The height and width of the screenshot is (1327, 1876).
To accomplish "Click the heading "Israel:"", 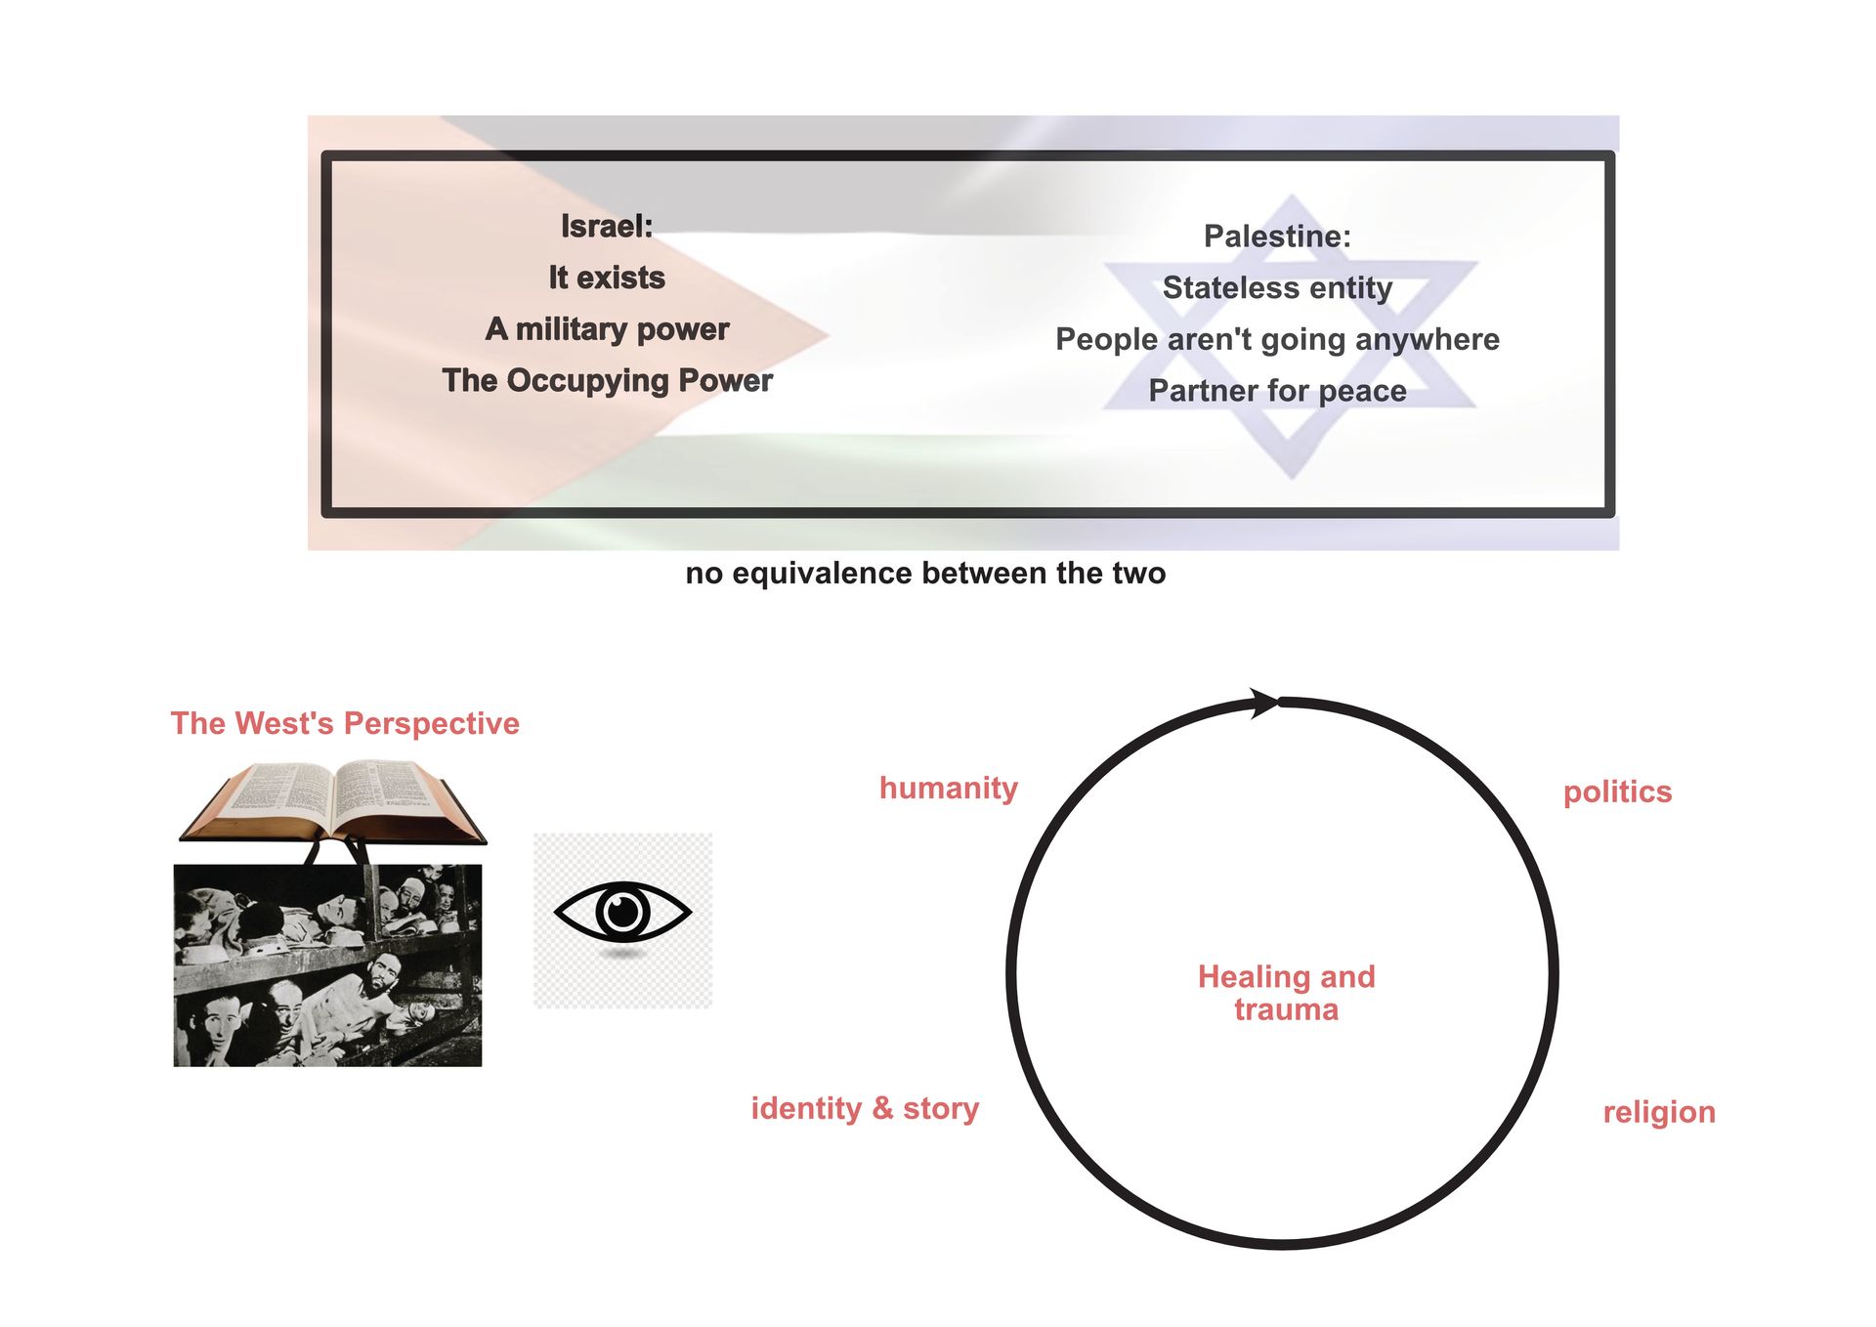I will pyautogui.click(x=606, y=226).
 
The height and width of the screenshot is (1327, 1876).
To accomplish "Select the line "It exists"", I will pyautogui.click(x=606, y=278).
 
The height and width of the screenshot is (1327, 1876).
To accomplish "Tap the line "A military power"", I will pyautogui.click(x=606, y=329).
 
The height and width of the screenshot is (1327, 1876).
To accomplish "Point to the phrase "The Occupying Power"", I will pyautogui.click(x=606, y=380).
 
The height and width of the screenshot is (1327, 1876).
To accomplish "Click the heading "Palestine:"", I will pyautogui.click(x=1277, y=235).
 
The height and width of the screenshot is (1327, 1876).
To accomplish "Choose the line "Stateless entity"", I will pyautogui.click(x=1277, y=287).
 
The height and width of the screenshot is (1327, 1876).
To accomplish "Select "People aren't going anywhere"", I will pyautogui.click(x=1277, y=339).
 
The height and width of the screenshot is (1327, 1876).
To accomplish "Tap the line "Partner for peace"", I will pyautogui.click(x=1277, y=391).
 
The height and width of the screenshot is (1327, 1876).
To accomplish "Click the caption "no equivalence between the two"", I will pyautogui.click(x=925, y=573).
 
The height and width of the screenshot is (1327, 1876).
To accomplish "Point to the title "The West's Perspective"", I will pyautogui.click(x=345, y=723).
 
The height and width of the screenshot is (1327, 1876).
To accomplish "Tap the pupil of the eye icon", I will pyautogui.click(x=622, y=913).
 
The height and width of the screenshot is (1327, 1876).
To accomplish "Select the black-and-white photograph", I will pyautogui.click(x=327, y=965).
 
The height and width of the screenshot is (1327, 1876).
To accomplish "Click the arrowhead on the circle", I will pyautogui.click(x=1264, y=703).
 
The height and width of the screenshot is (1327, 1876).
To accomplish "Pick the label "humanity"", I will pyautogui.click(x=948, y=788).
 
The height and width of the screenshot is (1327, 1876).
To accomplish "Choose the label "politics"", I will pyautogui.click(x=1617, y=792).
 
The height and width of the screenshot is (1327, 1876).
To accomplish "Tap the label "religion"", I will pyautogui.click(x=1659, y=1112).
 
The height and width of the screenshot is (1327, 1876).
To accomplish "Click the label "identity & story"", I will pyautogui.click(x=865, y=1108).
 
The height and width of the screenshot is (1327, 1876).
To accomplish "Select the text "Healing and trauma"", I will pyautogui.click(x=1286, y=993).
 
